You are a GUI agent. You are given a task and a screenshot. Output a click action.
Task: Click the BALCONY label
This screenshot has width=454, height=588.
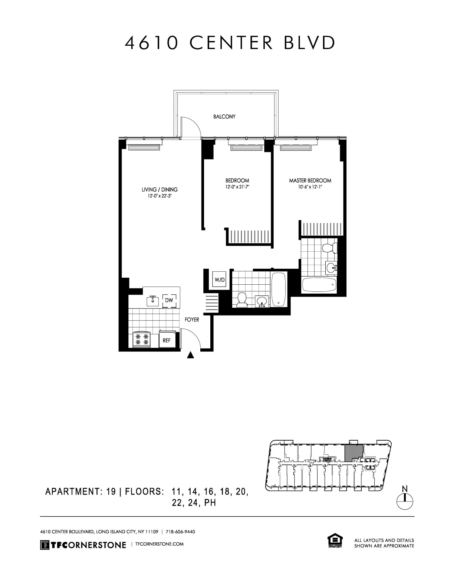coord(224,117)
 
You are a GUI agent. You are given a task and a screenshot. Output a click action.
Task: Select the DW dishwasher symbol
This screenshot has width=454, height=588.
coord(169,300)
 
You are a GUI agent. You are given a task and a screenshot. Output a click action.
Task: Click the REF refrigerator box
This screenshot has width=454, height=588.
coord(167,340)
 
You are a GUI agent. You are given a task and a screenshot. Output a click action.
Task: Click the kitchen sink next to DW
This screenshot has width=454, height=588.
coord(152,301)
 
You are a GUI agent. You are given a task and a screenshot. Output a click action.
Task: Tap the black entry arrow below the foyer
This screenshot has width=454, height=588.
coord(191,355)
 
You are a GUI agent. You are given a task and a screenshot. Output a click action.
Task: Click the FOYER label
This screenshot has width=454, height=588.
coord(192,320)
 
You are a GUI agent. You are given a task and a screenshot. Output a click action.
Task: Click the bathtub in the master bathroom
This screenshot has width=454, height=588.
coord(320,285)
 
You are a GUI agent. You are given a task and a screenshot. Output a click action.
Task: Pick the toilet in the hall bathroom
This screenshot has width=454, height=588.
coord(242,300)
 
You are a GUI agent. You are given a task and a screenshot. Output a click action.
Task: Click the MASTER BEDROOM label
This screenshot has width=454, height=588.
coord(310,181)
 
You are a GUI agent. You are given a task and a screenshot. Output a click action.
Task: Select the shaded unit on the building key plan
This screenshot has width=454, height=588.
coord(353,453)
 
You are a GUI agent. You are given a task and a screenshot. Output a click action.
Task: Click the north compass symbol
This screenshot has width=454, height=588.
coord(405,501)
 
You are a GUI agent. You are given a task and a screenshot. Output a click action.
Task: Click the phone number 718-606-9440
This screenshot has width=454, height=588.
coord(180,532)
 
